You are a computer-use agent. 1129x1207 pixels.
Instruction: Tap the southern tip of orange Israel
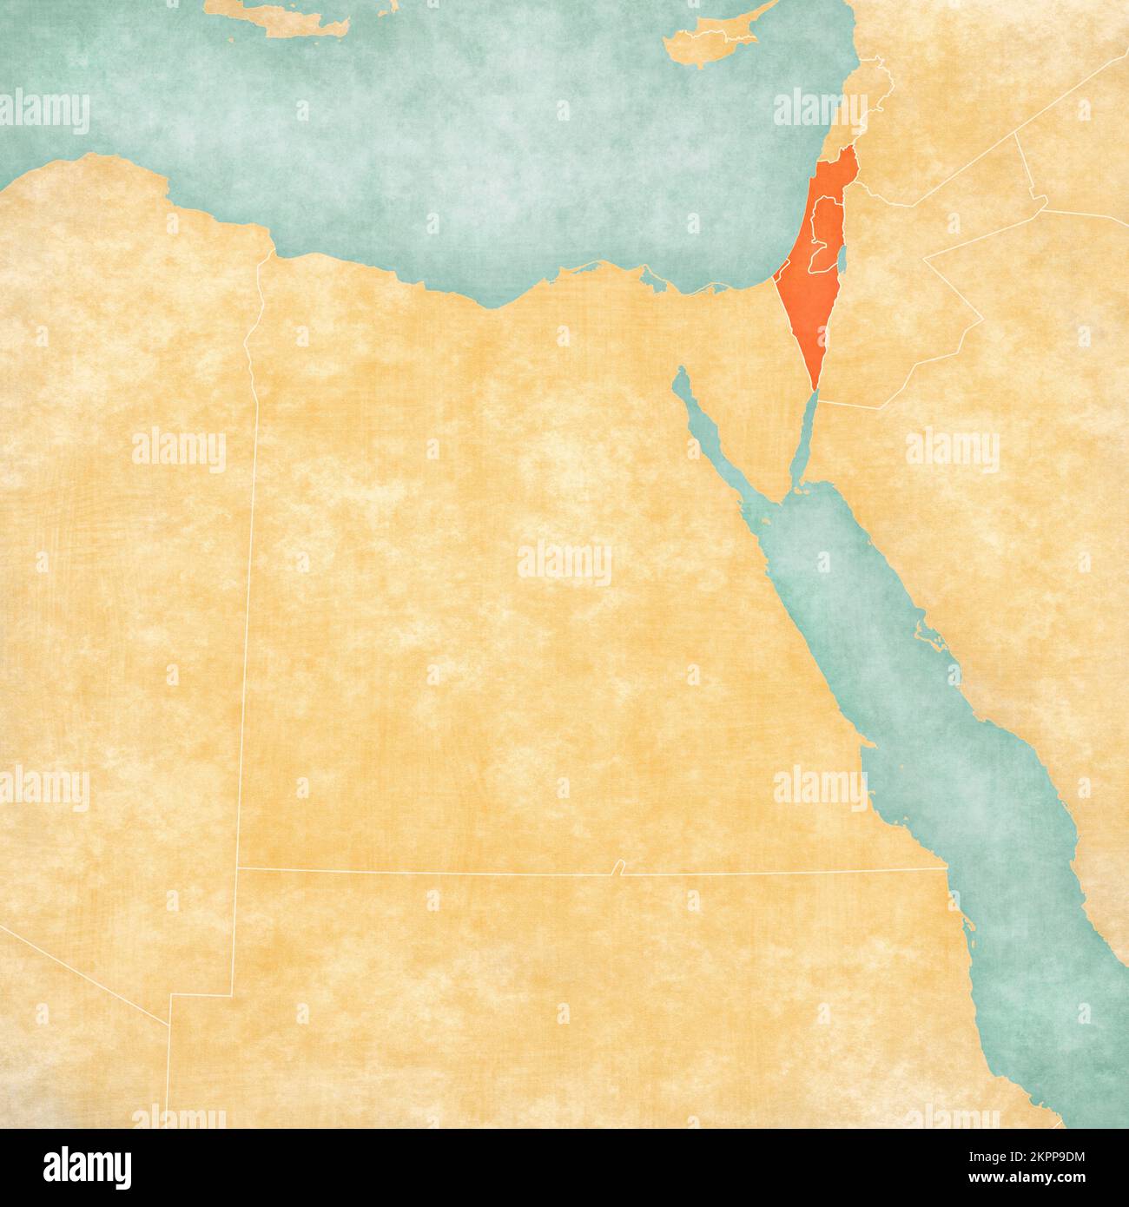pos(814,388)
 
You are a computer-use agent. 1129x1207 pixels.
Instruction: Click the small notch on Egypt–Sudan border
pos(617,867)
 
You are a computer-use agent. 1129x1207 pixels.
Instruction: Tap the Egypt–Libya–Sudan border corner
pos(237,867)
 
